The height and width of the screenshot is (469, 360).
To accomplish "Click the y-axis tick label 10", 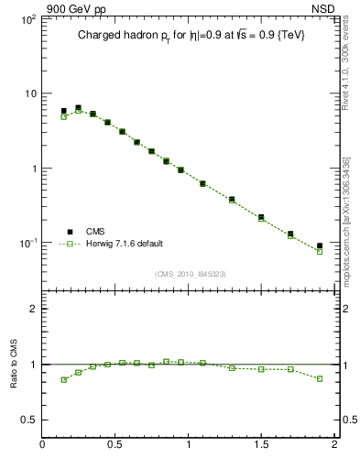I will point(29,93).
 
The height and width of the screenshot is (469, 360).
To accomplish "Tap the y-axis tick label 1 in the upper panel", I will point(33,169).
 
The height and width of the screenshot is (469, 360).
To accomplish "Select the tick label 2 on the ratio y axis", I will point(33,309).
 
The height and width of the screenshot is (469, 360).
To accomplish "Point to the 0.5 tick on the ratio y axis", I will point(28,420).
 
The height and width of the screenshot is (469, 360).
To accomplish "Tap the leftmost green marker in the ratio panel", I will point(64,379).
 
